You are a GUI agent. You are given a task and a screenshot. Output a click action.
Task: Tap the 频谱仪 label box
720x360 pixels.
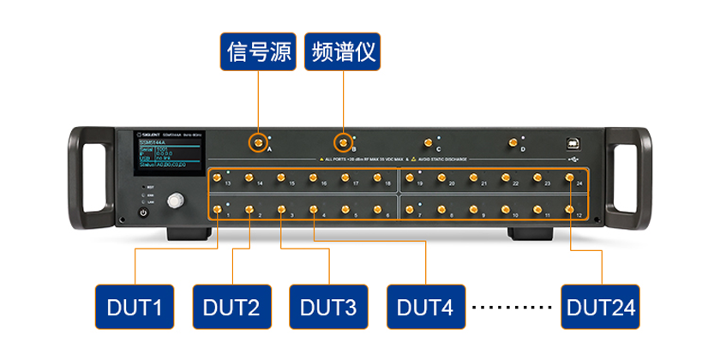click(343, 52)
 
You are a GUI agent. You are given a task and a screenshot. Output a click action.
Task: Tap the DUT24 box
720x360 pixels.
click(600, 306)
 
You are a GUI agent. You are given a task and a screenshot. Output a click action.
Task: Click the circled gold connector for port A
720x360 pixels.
click(256, 142)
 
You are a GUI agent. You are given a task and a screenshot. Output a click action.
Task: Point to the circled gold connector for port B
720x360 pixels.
click(343, 142)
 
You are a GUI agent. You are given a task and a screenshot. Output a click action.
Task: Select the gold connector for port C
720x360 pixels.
click(428, 142)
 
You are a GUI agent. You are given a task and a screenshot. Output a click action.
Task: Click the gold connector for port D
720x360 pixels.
click(513, 142)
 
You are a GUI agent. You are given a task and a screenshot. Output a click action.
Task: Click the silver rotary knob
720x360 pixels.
click(176, 201)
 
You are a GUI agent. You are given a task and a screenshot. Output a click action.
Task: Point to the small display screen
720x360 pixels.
click(168, 158)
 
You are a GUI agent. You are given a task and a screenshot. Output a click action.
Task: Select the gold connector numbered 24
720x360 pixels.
click(570, 177)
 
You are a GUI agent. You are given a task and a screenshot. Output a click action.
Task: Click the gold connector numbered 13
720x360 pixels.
click(218, 177)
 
